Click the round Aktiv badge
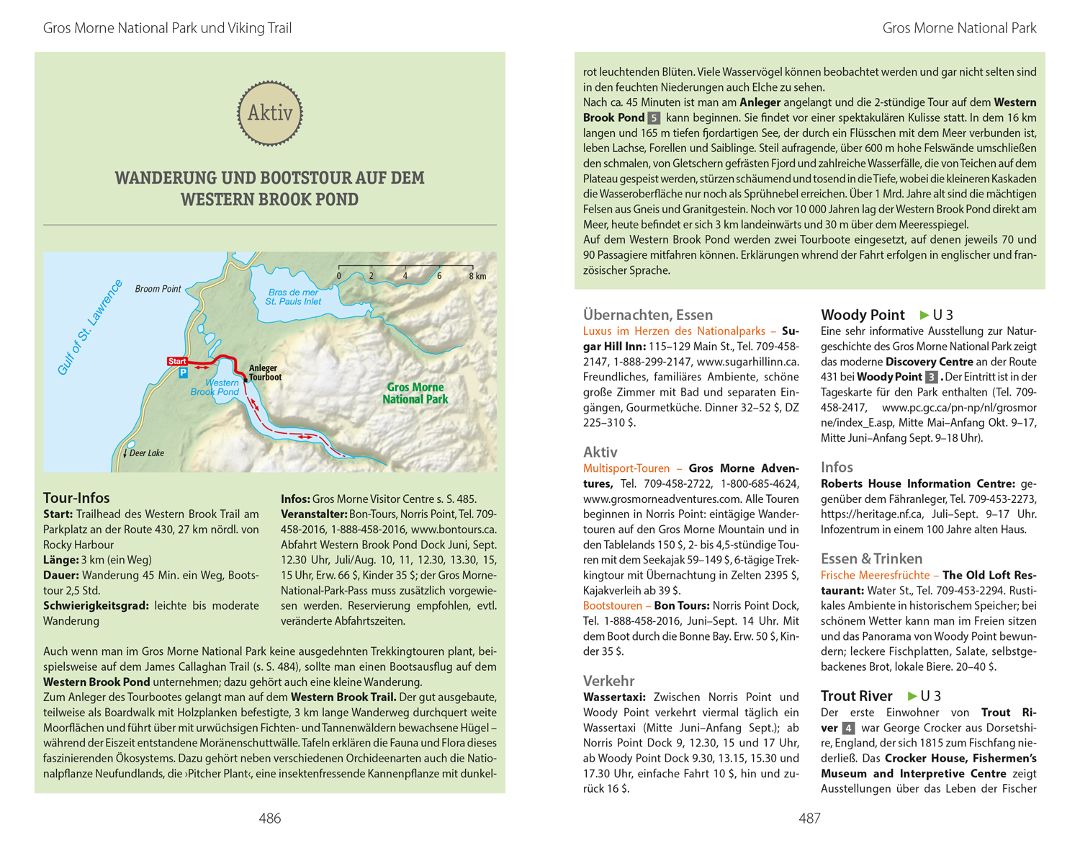pos(270,113)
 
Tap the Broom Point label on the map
pos(158,289)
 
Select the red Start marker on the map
pos(177,361)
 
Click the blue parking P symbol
pos(184,373)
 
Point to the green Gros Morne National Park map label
pos(415,393)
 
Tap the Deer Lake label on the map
pos(146,453)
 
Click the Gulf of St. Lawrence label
pos(90,327)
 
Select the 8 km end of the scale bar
pos(477,276)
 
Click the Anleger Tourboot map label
pos(265,373)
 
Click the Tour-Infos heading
pos(76,498)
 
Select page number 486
pos(270,818)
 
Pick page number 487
pos(809,818)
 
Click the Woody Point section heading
pos(863,315)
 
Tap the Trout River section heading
pos(856,696)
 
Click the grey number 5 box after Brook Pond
pos(654,118)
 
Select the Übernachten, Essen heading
pos(648,315)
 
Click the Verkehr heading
pos(609,681)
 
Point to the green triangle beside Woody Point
pos(924,315)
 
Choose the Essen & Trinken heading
pos(871,558)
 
